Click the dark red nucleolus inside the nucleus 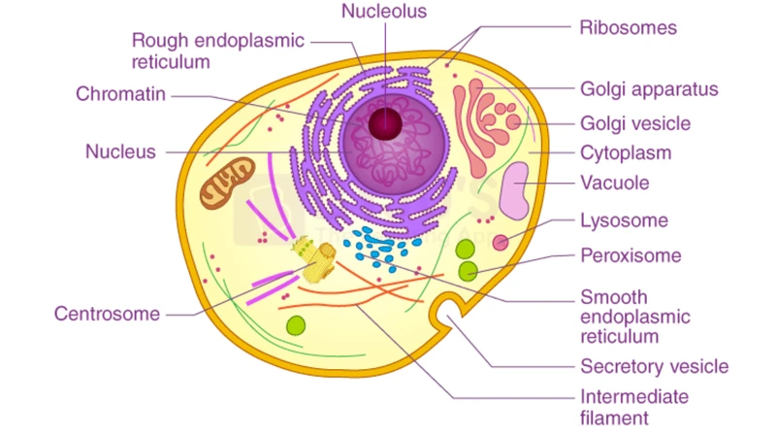[x=385, y=123]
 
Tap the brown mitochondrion [x=227, y=183]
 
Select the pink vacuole [x=514, y=190]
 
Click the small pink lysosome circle [x=501, y=242]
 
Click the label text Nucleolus [x=384, y=12]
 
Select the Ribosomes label [x=628, y=28]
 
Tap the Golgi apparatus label [x=649, y=89]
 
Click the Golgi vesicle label [x=635, y=123]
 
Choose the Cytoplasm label [x=626, y=153]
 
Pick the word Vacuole [x=615, y=183]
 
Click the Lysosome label [x=624, y=220]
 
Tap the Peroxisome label [x=630, y=255]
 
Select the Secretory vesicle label [x=654, y=367]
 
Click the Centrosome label [x=107, y=314]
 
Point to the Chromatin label [x=120, y=93]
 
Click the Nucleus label [x=120, y=151]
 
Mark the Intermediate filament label [x=634, y=407]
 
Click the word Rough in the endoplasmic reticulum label [x=160, y=41]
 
